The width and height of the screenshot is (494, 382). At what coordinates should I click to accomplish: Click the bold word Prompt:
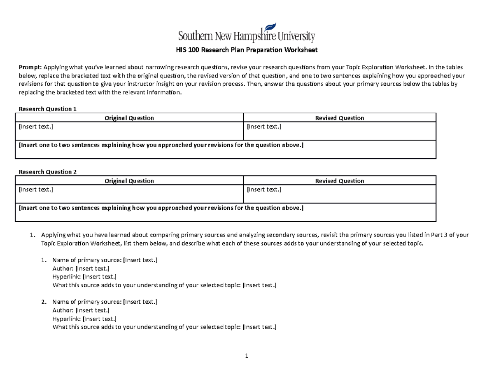pos(30,67)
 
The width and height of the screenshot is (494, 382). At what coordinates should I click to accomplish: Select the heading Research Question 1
pos(48,109)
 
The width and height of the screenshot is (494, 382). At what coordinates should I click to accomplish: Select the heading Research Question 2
pos(48,172)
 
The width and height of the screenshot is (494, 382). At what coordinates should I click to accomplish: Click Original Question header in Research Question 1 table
pos(129,118)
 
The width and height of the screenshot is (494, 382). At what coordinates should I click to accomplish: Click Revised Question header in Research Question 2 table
pos(339,180)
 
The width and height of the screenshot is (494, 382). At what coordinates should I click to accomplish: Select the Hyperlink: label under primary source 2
pos(67,319)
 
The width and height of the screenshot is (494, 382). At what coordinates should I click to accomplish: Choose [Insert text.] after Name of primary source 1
pos(140,260)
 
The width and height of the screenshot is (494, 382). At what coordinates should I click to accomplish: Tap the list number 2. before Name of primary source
pos(44,302)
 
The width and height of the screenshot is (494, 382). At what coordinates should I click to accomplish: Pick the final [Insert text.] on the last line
pos(259,327)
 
